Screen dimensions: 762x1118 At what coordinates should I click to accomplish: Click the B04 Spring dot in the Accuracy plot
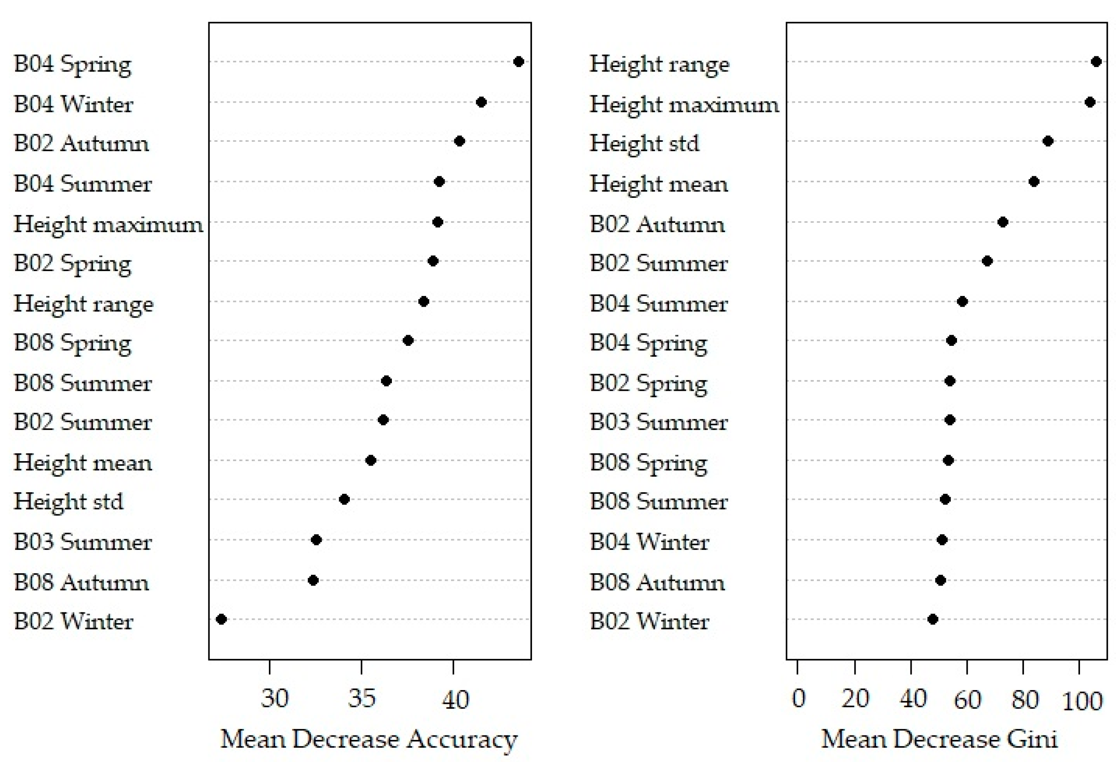[518, 62]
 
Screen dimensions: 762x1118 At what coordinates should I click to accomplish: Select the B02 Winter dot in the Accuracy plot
[221, 619]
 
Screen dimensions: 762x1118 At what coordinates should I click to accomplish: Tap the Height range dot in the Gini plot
[1096, 62]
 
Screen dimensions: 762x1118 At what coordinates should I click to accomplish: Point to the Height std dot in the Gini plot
[1048, 141]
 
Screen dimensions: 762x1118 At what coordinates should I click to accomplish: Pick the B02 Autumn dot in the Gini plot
[1002, 222]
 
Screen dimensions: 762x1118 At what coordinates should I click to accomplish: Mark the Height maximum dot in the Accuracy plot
[437, 222]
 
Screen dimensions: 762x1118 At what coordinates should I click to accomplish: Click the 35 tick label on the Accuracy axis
[361, 699]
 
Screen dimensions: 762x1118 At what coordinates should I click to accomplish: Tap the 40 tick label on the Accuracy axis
[455, 699]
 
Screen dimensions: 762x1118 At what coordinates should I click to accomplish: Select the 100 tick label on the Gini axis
[1082, 701]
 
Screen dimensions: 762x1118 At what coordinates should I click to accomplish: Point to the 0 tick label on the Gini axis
[798, 699]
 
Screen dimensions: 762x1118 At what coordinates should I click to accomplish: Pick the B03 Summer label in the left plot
[83, 542]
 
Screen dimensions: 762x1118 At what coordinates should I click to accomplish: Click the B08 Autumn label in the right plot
[657, 583]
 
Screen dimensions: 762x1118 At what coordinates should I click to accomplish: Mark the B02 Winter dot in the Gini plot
[932, 619]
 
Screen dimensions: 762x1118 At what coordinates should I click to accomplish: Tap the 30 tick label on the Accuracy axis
[274, 699]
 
